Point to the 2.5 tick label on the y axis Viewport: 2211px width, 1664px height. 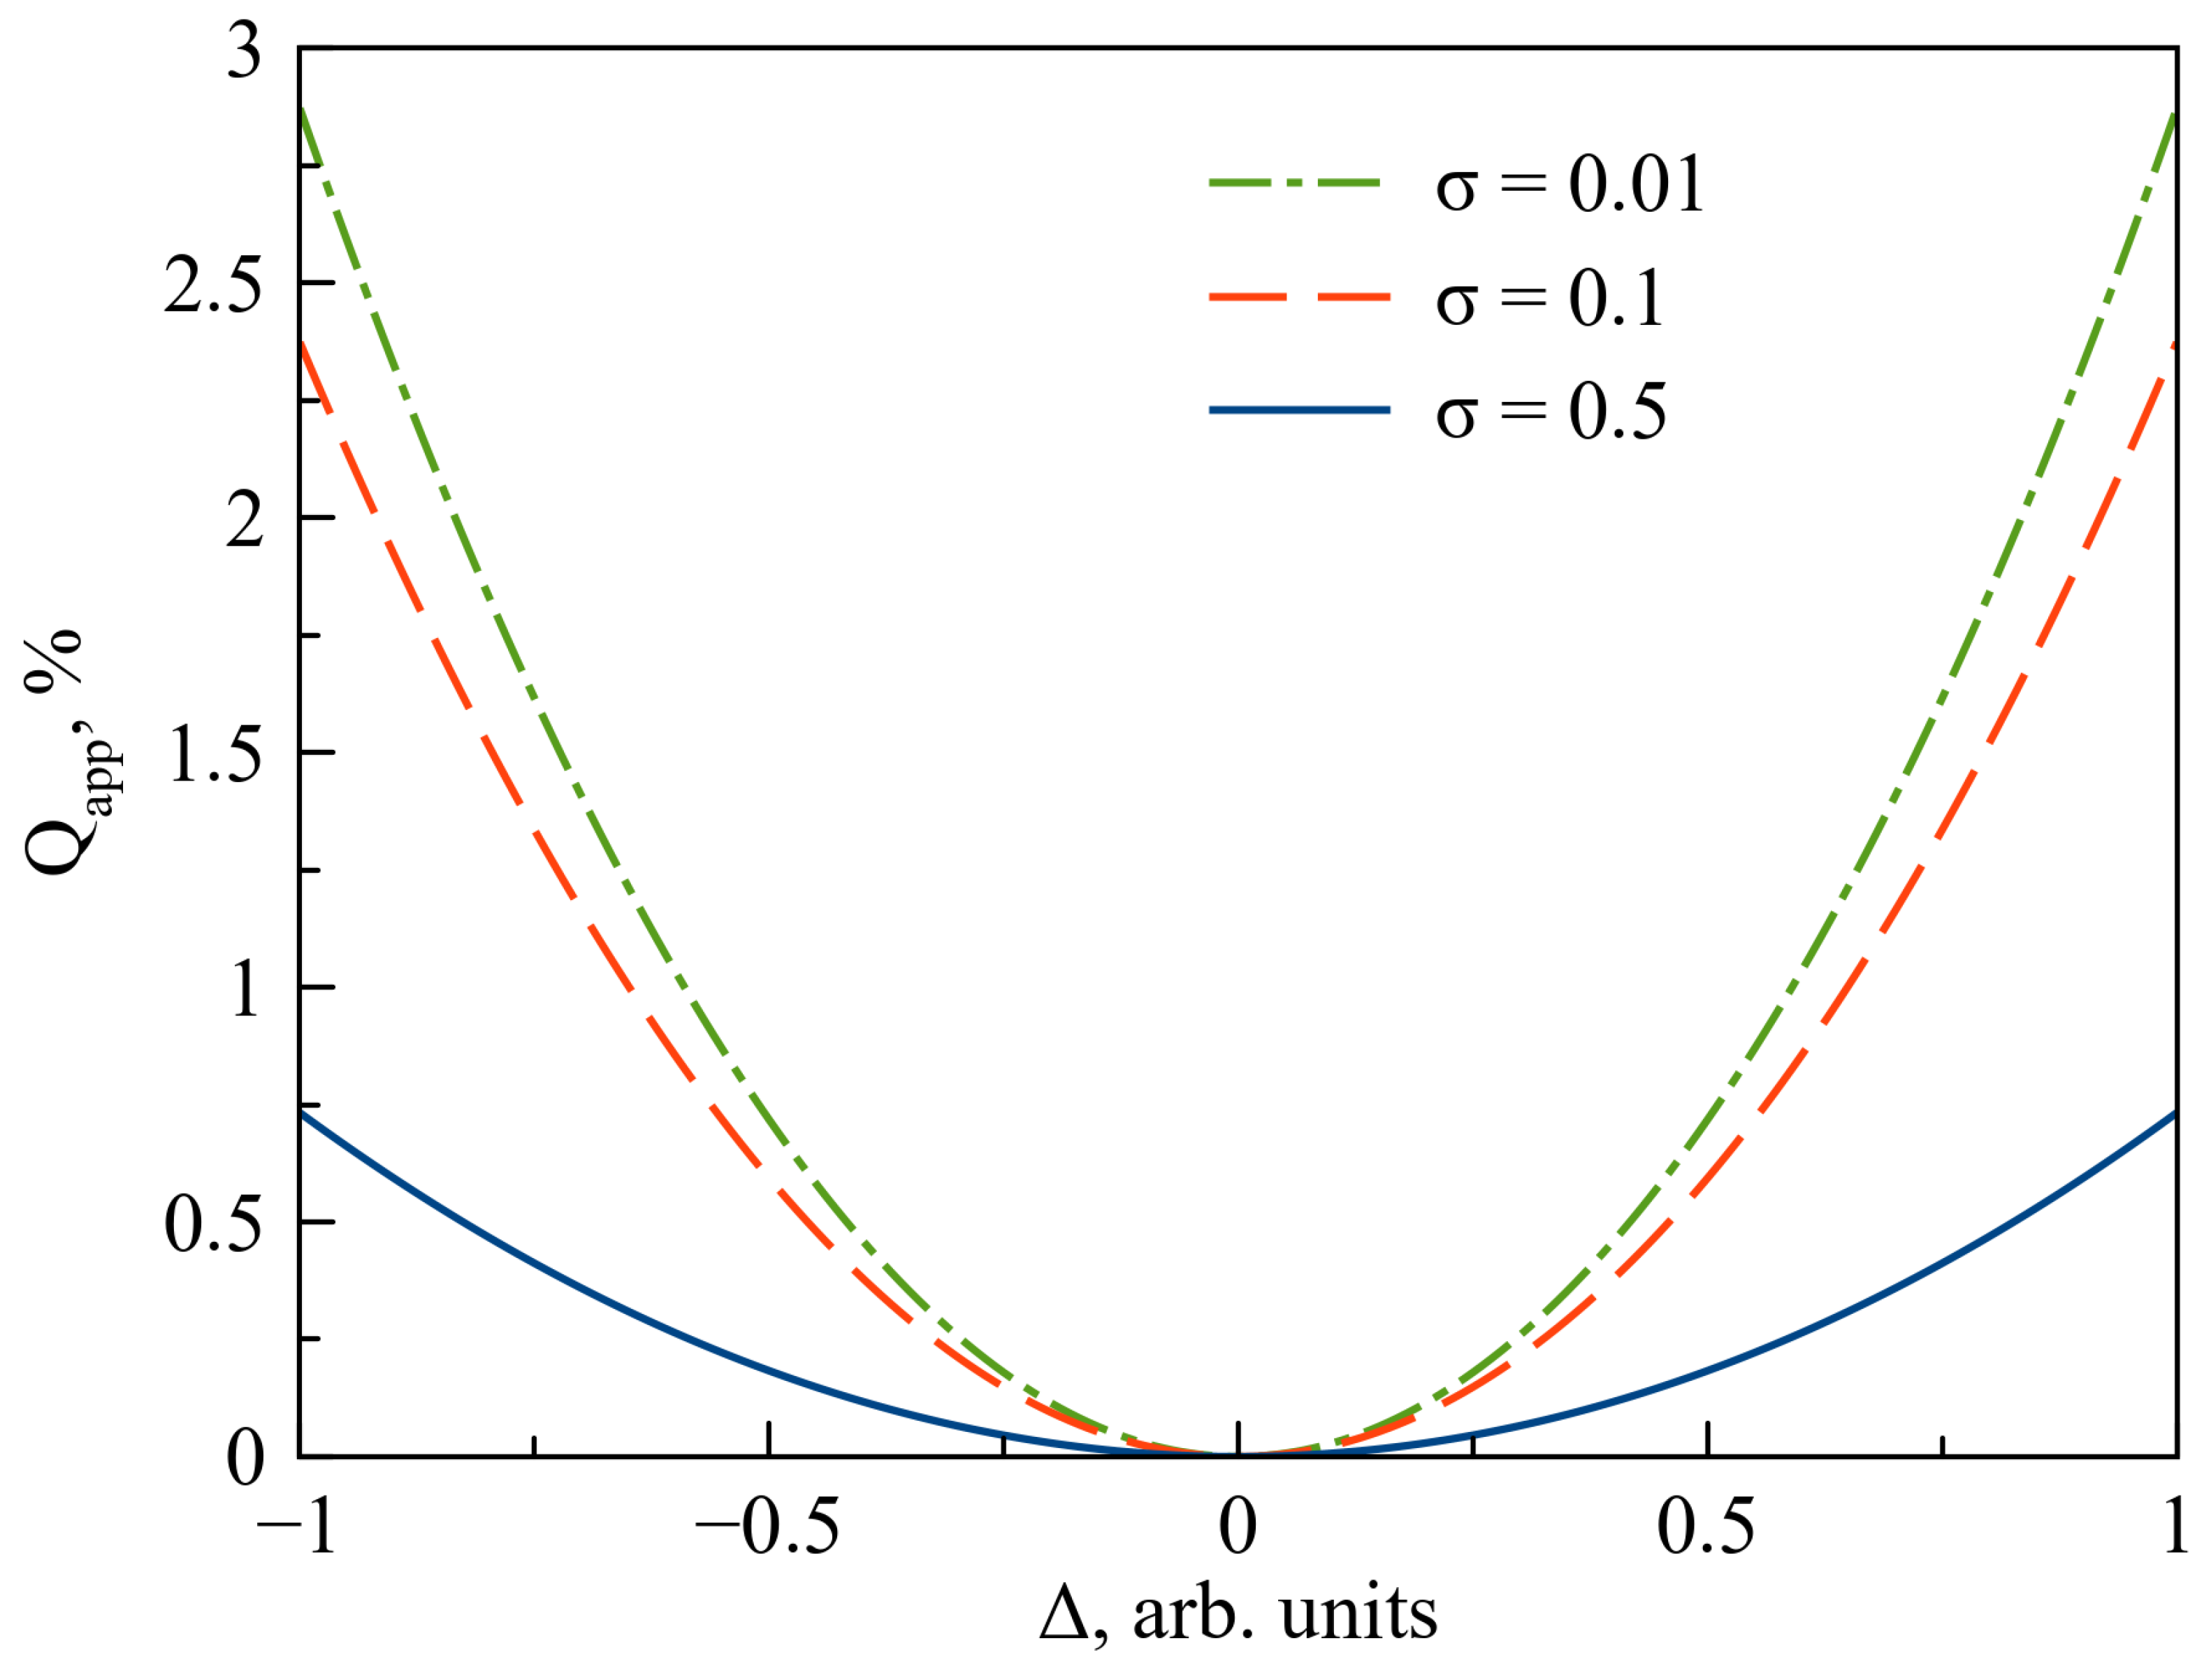pos(214,286)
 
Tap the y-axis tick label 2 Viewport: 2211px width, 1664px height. pos(244,521)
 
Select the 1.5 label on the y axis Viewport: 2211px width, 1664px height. pos(214,755)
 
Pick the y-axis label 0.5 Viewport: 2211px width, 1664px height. pos(214,1225)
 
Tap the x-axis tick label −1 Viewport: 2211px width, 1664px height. pos(297,1528)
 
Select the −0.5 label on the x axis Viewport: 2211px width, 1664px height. pos(767,1528)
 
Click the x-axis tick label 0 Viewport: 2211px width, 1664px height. pos(1238,1528)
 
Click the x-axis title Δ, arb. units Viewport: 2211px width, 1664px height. pos(1238,1615)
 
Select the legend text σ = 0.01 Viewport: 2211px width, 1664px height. pos(1570,185)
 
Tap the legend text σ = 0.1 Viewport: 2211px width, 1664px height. pos(1549,299)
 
